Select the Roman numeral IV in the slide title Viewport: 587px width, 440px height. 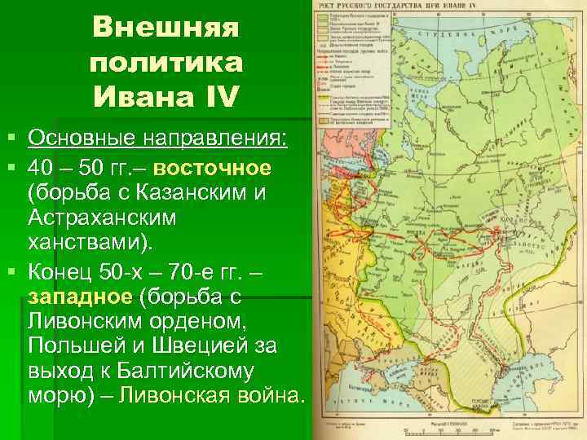click(x=218, y=97)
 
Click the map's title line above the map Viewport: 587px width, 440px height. click(x=444, y=8)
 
